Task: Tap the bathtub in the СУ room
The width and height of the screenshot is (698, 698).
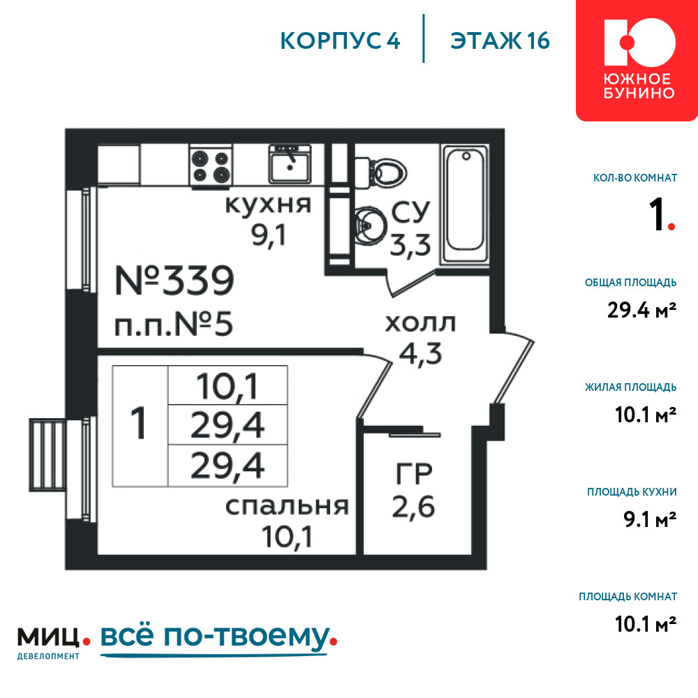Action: (x=465, y=205)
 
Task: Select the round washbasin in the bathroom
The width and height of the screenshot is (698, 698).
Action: (x=369, y=225)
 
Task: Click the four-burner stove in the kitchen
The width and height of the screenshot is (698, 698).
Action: (x=211, y=165)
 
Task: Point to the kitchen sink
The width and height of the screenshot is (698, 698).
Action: (x=290, y=163)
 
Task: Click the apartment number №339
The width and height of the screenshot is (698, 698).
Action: (x=174, y=281)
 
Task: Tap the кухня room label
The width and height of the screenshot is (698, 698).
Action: (x=268, y=205)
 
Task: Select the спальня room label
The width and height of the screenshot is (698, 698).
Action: (x=287, y=506)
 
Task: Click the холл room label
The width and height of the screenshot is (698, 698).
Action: (x=420, y=323)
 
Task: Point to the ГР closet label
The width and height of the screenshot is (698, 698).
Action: (x=414, y=474)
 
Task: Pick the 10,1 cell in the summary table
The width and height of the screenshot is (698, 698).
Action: (x=228, y=386)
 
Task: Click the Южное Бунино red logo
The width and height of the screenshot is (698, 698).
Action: (x=637, y=60)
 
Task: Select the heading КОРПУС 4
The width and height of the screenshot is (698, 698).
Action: (x=340, y=40)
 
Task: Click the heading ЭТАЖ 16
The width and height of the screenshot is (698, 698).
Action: (x=500, y=40)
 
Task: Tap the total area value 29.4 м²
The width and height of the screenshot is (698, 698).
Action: (x=641, y=310)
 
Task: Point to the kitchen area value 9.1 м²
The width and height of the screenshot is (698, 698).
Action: (x=649, y=519)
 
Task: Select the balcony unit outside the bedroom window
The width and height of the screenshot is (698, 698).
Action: (x=47, y=455)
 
